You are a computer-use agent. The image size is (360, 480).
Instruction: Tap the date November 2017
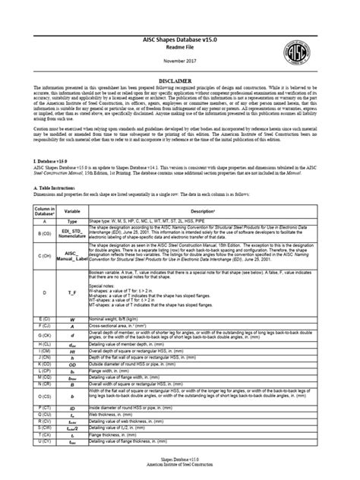[x=180, y=60]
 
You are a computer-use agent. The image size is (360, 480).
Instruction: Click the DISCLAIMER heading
[x=180, y=79]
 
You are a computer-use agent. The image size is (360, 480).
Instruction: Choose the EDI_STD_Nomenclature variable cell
[x=72, y=232]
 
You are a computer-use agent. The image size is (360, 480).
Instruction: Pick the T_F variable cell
[x=72, y=290]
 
